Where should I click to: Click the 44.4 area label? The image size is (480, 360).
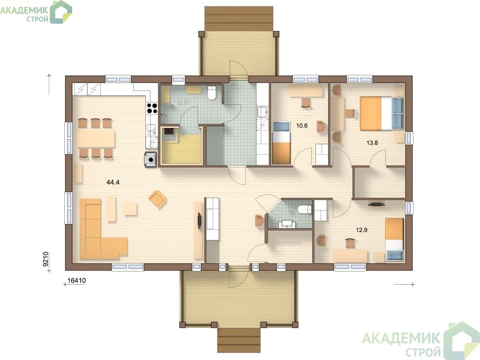tap(112, 182)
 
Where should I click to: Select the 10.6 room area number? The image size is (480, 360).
tap(302, 126)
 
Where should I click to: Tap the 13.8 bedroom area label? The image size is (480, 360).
tap(372, 142)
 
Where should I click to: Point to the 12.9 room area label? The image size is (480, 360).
tap(361, 230)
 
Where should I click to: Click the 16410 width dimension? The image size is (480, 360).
tap(76, 280)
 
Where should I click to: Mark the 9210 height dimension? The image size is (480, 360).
tap(45, 259)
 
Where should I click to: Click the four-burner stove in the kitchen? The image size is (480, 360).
tap(152, 108)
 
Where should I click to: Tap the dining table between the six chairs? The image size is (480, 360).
tap(96, 139)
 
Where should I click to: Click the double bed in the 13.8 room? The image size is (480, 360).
tap(382, 113)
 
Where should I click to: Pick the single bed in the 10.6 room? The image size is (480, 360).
tap(281, 142)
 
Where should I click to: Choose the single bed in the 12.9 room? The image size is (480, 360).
tap(394, 240)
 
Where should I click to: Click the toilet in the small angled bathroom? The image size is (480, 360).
tap(304, 210)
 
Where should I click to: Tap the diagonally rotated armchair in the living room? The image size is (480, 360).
tap(157, 199)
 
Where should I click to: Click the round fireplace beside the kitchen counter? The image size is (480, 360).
tap(150, 159)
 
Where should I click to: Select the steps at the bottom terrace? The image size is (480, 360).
tap(239, 340)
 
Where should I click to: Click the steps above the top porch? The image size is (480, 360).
tap(239, 18)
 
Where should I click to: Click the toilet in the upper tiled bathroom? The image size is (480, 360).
tap(211, 93)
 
